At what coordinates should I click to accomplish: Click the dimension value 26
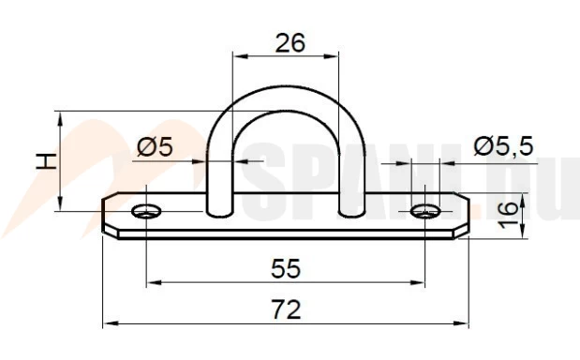290,43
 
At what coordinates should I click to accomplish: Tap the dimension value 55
286,269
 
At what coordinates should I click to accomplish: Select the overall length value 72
286,309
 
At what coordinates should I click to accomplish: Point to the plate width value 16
509,215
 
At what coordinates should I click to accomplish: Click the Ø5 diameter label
155,147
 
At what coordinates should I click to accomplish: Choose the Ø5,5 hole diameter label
503,145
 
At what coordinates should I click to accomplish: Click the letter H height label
47,160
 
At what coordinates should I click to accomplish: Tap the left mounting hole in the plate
146,211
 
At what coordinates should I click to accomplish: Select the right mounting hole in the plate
425,212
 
